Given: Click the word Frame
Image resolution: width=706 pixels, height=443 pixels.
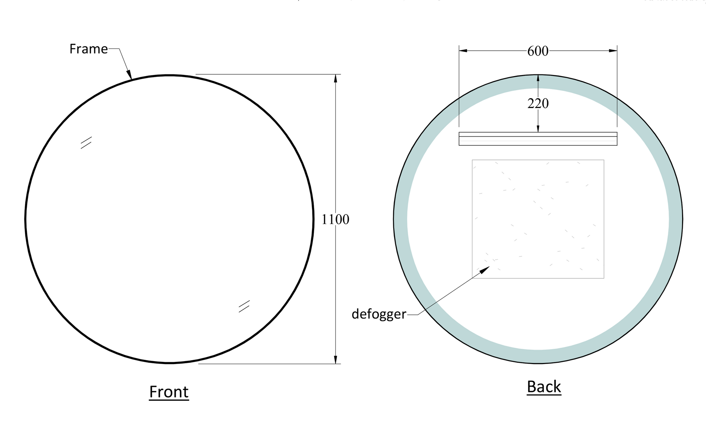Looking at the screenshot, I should point(89,49).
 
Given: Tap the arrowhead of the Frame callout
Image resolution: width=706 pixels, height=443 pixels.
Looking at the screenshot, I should point(130,75).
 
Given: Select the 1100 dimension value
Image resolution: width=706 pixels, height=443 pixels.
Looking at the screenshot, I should point(335,220).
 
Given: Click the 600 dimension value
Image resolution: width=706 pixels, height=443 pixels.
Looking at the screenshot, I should point(538,51).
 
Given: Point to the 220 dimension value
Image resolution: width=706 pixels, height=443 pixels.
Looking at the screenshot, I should point(538,104).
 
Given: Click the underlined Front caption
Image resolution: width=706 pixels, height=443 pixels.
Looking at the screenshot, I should point(169,392).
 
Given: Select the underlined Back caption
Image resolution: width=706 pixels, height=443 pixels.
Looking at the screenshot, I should point(543,386).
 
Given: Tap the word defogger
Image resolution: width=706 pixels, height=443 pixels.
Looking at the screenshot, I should point(379,314).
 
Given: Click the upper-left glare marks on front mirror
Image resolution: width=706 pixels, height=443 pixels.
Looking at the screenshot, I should point(86,142).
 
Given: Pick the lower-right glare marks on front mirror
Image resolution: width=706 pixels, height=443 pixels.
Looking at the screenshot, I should point(244,306).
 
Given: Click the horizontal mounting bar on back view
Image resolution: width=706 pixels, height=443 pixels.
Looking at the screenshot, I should point(538,139).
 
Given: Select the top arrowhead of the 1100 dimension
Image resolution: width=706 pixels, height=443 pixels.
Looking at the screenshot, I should point(335,78).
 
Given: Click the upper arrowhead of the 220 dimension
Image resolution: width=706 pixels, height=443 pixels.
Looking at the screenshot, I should point(538,79).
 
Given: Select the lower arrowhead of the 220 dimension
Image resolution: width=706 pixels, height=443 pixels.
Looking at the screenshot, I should point(538,129).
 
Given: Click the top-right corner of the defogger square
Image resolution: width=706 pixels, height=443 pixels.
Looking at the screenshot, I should point(604,160).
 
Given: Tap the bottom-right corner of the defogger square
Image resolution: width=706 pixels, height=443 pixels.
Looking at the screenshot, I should point(604,278).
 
